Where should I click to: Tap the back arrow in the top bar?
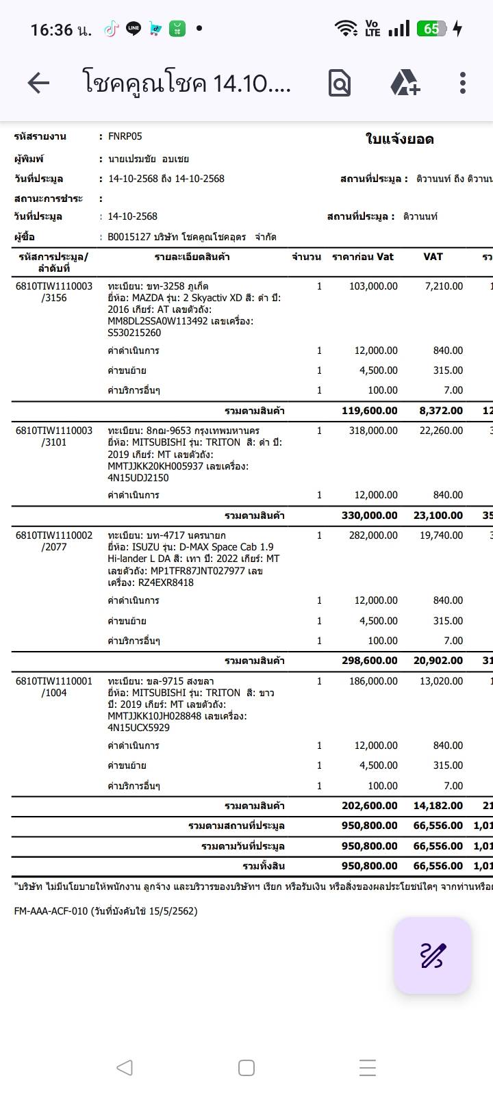pos(38,84)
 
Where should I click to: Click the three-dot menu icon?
pos(463,84)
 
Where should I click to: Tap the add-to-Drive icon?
pos(405,84)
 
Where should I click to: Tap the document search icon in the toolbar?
pos(340,84)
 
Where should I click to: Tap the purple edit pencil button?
pos(432,955)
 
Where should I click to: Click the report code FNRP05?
pos(125,136)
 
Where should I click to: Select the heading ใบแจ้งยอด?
pos(399,140)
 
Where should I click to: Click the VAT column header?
pos(433,257)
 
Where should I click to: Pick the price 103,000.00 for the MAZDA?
pos(373,286)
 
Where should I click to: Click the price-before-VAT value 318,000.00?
pos(373,431)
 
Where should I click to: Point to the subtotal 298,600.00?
pos(369,661)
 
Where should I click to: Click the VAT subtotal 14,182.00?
pos(438,806)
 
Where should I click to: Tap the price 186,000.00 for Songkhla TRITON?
pos(373,681)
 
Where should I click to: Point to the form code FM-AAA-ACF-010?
pos(51,911)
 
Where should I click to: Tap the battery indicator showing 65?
pos(432,29)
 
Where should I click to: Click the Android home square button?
pos(246,1067)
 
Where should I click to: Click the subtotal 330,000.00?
pos(369,515)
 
